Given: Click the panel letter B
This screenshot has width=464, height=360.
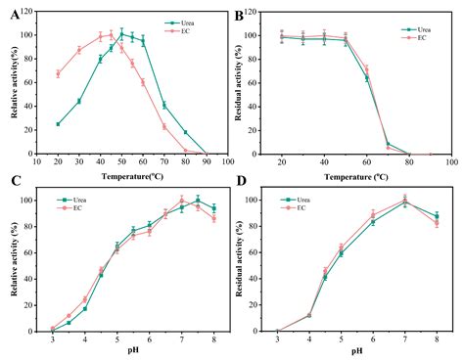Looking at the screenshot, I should pos(242,12).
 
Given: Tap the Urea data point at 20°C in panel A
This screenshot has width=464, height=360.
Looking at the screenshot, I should pos(58,124).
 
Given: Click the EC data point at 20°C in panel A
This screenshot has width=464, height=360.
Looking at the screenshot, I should pos(58,73).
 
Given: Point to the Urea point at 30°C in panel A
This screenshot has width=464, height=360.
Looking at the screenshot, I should pos(79,101).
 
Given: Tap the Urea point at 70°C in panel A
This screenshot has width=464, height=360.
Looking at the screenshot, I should pos(163,105).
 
